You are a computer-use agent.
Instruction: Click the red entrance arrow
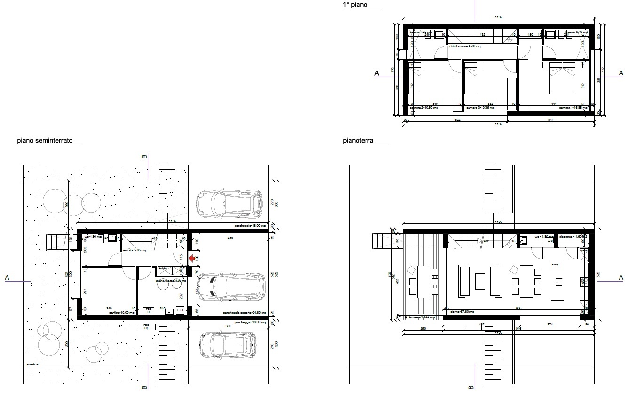tap(191, 258)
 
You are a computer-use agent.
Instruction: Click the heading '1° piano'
tap(355, 5)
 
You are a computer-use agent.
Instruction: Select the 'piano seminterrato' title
tap(45, 140)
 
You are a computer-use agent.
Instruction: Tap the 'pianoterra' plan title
tap(358, 140)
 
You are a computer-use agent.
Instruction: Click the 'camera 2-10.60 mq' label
tap(424, 108)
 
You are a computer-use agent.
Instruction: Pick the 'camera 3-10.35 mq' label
tap(480, 108)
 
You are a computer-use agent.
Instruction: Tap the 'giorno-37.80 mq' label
tap(461, 312)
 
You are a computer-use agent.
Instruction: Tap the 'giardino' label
tap(33, 364)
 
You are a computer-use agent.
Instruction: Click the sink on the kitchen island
tap(559, 282)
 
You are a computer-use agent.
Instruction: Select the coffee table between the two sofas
tap(480, 281)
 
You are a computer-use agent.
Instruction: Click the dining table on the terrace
tap(424, 281)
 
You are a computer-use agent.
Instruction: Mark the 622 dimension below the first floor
tap(457, 120)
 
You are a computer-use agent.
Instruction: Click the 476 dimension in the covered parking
tap(230, 238)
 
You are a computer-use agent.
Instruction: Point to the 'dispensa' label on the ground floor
tap(568, 237)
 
